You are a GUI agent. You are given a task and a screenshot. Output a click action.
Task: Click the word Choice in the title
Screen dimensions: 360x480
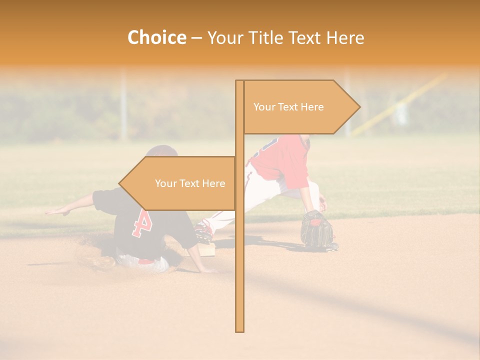tap(156, 37)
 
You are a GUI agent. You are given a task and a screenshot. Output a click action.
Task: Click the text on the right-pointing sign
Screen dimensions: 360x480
tap(288, 107)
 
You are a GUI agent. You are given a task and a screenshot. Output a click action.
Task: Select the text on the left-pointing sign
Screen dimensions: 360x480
tap(190, 183)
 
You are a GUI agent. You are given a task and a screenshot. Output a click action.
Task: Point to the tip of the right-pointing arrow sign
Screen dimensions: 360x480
tap(359, 106)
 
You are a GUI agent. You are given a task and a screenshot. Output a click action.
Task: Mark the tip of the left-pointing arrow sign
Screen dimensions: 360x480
tap(119, 183)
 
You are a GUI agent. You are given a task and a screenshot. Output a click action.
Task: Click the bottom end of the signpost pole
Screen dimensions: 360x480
tap(239, 330)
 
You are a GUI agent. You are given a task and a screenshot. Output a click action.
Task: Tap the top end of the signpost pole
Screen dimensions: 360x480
tap(239, 81)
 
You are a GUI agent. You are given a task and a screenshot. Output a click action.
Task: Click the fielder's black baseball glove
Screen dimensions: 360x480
tap(316, 229)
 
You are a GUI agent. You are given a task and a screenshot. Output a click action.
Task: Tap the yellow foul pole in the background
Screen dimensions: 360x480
tap(400, 105)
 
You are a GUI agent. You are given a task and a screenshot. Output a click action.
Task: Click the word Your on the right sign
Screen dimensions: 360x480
tap(264, 107)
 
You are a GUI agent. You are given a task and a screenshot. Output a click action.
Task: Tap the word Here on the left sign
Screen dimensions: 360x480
tap(213, 183)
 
